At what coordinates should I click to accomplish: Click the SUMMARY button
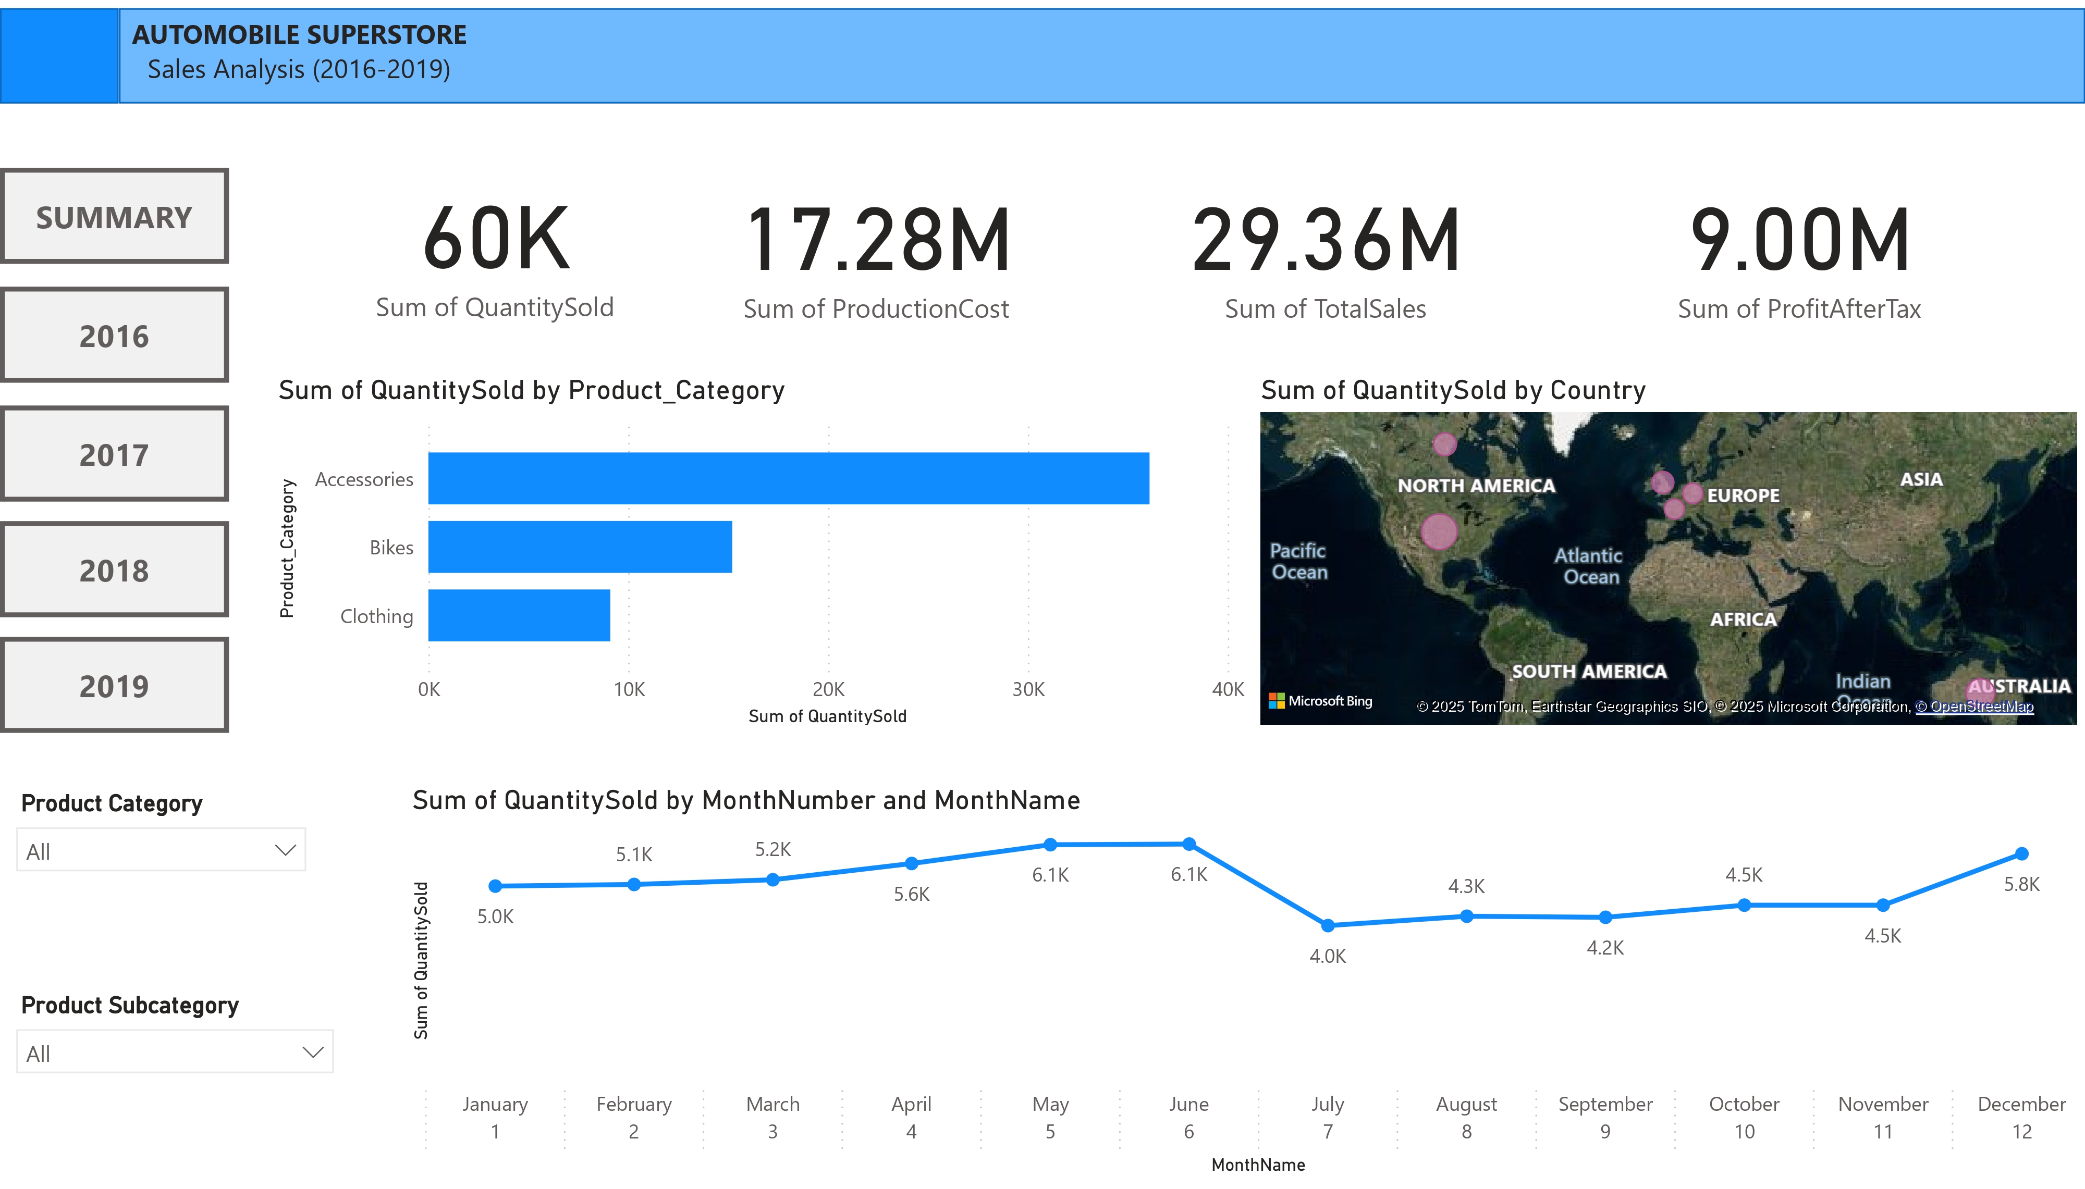point(114,217)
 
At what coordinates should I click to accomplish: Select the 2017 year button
point(114,455)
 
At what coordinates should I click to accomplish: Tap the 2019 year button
point(114,686)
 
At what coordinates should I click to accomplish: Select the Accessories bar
point(788,478)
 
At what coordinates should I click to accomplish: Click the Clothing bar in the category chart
point(519,616)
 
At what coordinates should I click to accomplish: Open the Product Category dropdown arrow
point(285,850)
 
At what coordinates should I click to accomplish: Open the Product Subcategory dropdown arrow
point(313,1052)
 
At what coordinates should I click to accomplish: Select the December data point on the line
point(2021,854)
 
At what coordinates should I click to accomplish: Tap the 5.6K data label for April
point(912,894)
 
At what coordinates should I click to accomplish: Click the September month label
point(1605,1104)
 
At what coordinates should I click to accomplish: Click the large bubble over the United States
point(1438,531)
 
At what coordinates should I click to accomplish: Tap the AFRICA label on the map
point(1743,619)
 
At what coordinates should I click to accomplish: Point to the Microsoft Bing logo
point(1320,701)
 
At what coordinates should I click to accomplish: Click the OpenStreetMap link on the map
point(1974,707)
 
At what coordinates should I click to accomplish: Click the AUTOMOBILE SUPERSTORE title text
point(299,35)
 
